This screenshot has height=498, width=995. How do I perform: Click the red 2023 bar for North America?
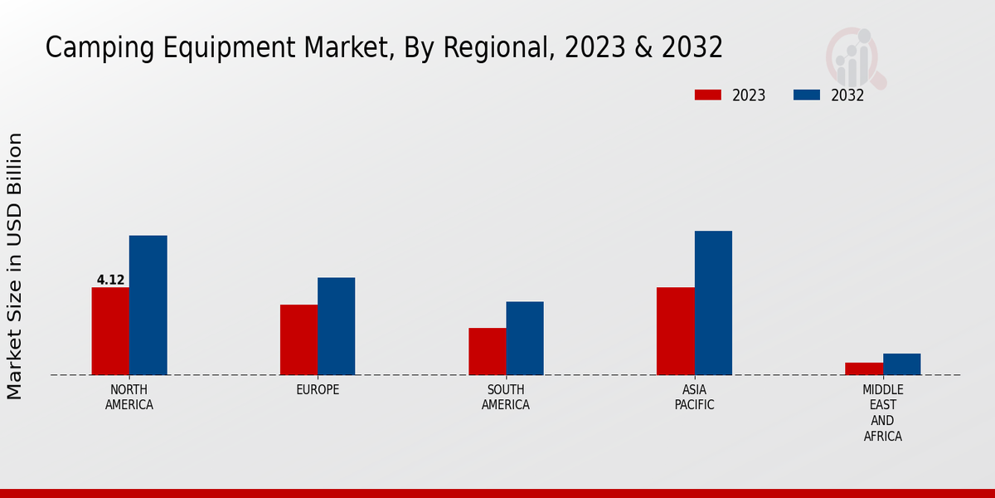pos(110,331)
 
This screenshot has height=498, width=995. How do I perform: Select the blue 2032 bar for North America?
pos(148,305)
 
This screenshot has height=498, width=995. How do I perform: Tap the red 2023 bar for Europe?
pos(298,339)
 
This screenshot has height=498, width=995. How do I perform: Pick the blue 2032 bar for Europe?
pos(336,326)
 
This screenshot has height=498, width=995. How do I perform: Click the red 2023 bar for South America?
pos(487,351)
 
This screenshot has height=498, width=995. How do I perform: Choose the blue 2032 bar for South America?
pos(525,338)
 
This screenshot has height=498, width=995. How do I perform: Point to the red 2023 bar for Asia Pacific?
pos(675,331)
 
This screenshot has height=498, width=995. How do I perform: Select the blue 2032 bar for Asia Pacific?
pos(713,303)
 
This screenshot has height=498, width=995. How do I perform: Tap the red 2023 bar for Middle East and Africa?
pos(864,369)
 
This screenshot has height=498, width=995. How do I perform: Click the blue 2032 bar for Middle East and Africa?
pos(901,364)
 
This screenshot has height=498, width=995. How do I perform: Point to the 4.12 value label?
pos(110,281)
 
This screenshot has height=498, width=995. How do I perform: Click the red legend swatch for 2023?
pos(707,95)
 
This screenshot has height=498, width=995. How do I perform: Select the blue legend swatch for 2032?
pos(806,95)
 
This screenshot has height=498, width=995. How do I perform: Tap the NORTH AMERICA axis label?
pos(129,398)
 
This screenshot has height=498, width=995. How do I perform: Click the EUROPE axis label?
pos(318,390)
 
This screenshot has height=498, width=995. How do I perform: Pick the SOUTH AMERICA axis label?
pos(506,398)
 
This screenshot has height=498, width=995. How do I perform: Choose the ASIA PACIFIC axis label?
pos(694,398)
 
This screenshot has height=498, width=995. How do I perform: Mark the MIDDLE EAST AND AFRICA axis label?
pos(882,413)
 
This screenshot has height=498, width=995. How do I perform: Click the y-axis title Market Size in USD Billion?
pos(15,266)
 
